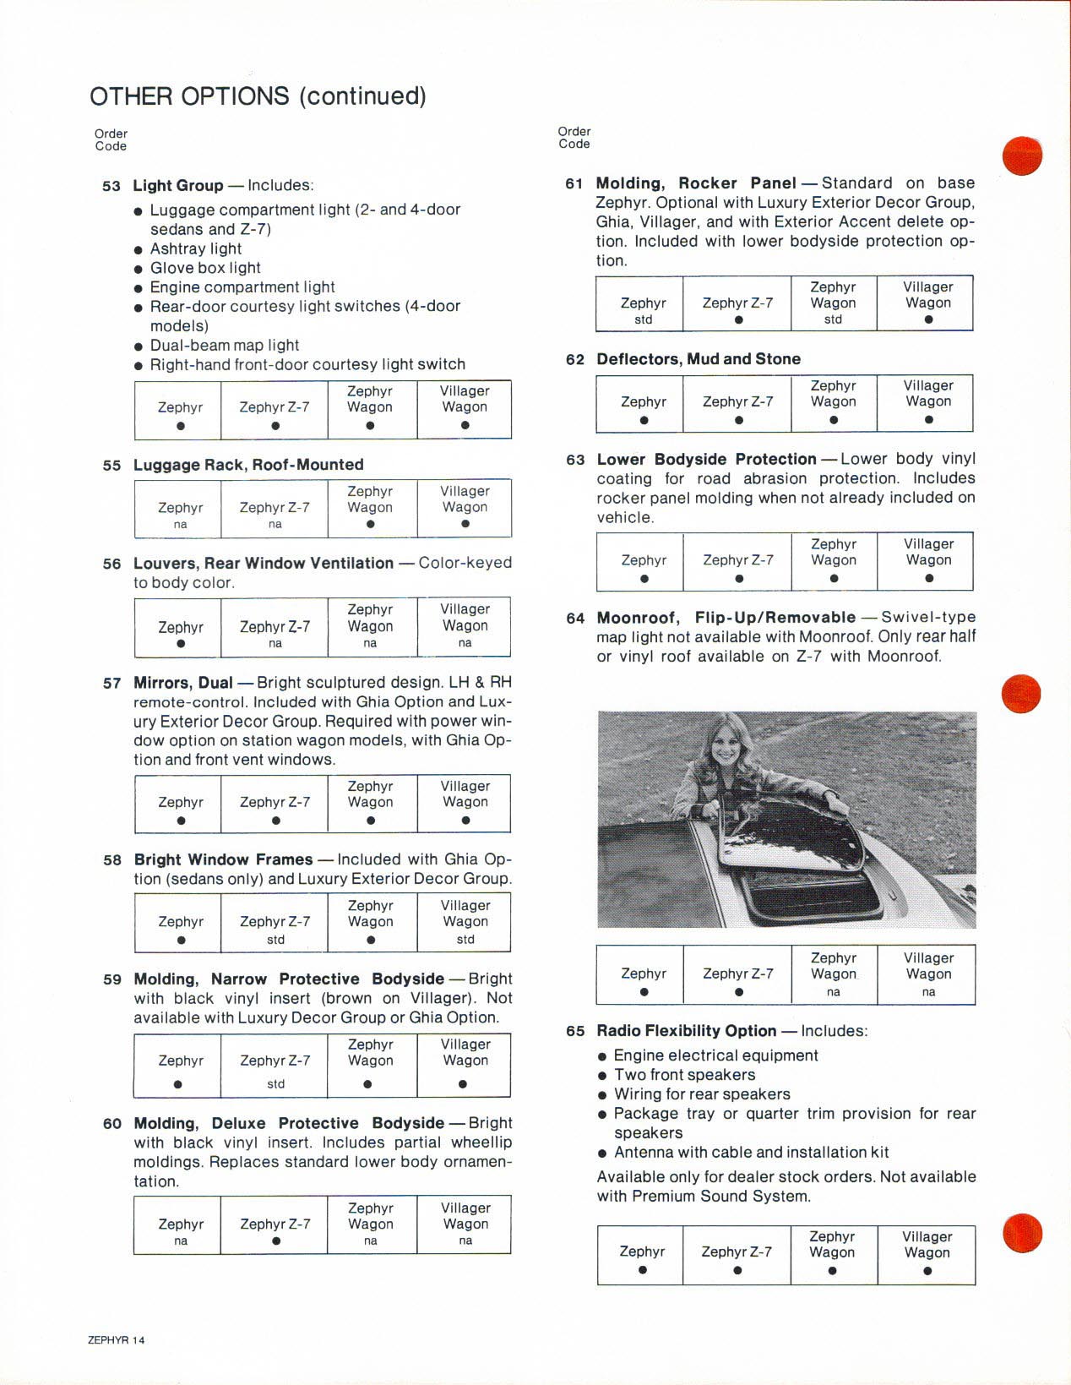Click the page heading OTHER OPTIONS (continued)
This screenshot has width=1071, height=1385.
pos(258,96)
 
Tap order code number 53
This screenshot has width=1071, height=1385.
pos(111,186)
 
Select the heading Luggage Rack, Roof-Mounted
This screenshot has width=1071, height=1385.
pos(248,465)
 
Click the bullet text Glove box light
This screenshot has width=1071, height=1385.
pos(205,268)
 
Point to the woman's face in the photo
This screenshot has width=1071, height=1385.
pos(726,747)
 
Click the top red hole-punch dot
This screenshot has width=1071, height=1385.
pos(1022,155)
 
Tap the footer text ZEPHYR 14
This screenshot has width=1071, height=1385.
pos(117,1340)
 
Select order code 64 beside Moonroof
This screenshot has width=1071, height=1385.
pos(575,619)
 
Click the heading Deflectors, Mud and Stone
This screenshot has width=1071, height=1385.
pos(699,359)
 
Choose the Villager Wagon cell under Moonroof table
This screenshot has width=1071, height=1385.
pos(927,974)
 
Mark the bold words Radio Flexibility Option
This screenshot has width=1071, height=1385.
pos(686,1031)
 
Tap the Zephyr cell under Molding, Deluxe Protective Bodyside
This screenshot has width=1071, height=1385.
pos(181,1225)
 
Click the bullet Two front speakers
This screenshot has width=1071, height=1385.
pos(684,1075)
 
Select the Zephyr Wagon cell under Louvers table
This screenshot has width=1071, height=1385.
pos(370,627)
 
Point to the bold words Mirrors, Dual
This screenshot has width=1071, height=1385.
pos(183,683)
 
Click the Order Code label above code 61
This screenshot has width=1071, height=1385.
pos(574,138)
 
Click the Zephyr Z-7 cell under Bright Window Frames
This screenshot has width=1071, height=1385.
pos(275,924)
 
